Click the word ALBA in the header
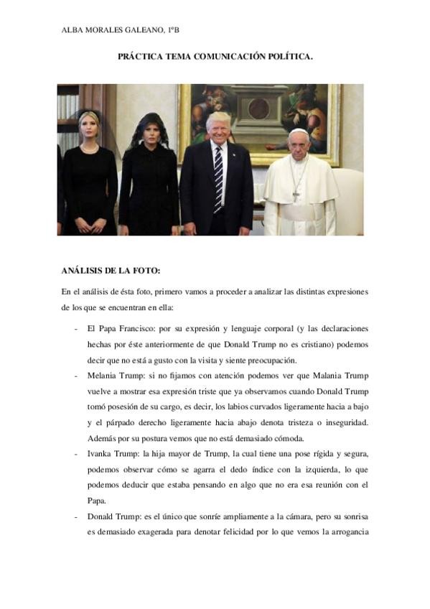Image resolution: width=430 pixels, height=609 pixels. point(74,30)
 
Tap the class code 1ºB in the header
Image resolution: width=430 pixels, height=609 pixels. point(173,30)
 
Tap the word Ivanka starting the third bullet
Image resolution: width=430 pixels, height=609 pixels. point(101,453)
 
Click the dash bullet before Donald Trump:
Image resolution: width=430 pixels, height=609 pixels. point(76,516)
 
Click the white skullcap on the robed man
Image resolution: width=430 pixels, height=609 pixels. point(298,132)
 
